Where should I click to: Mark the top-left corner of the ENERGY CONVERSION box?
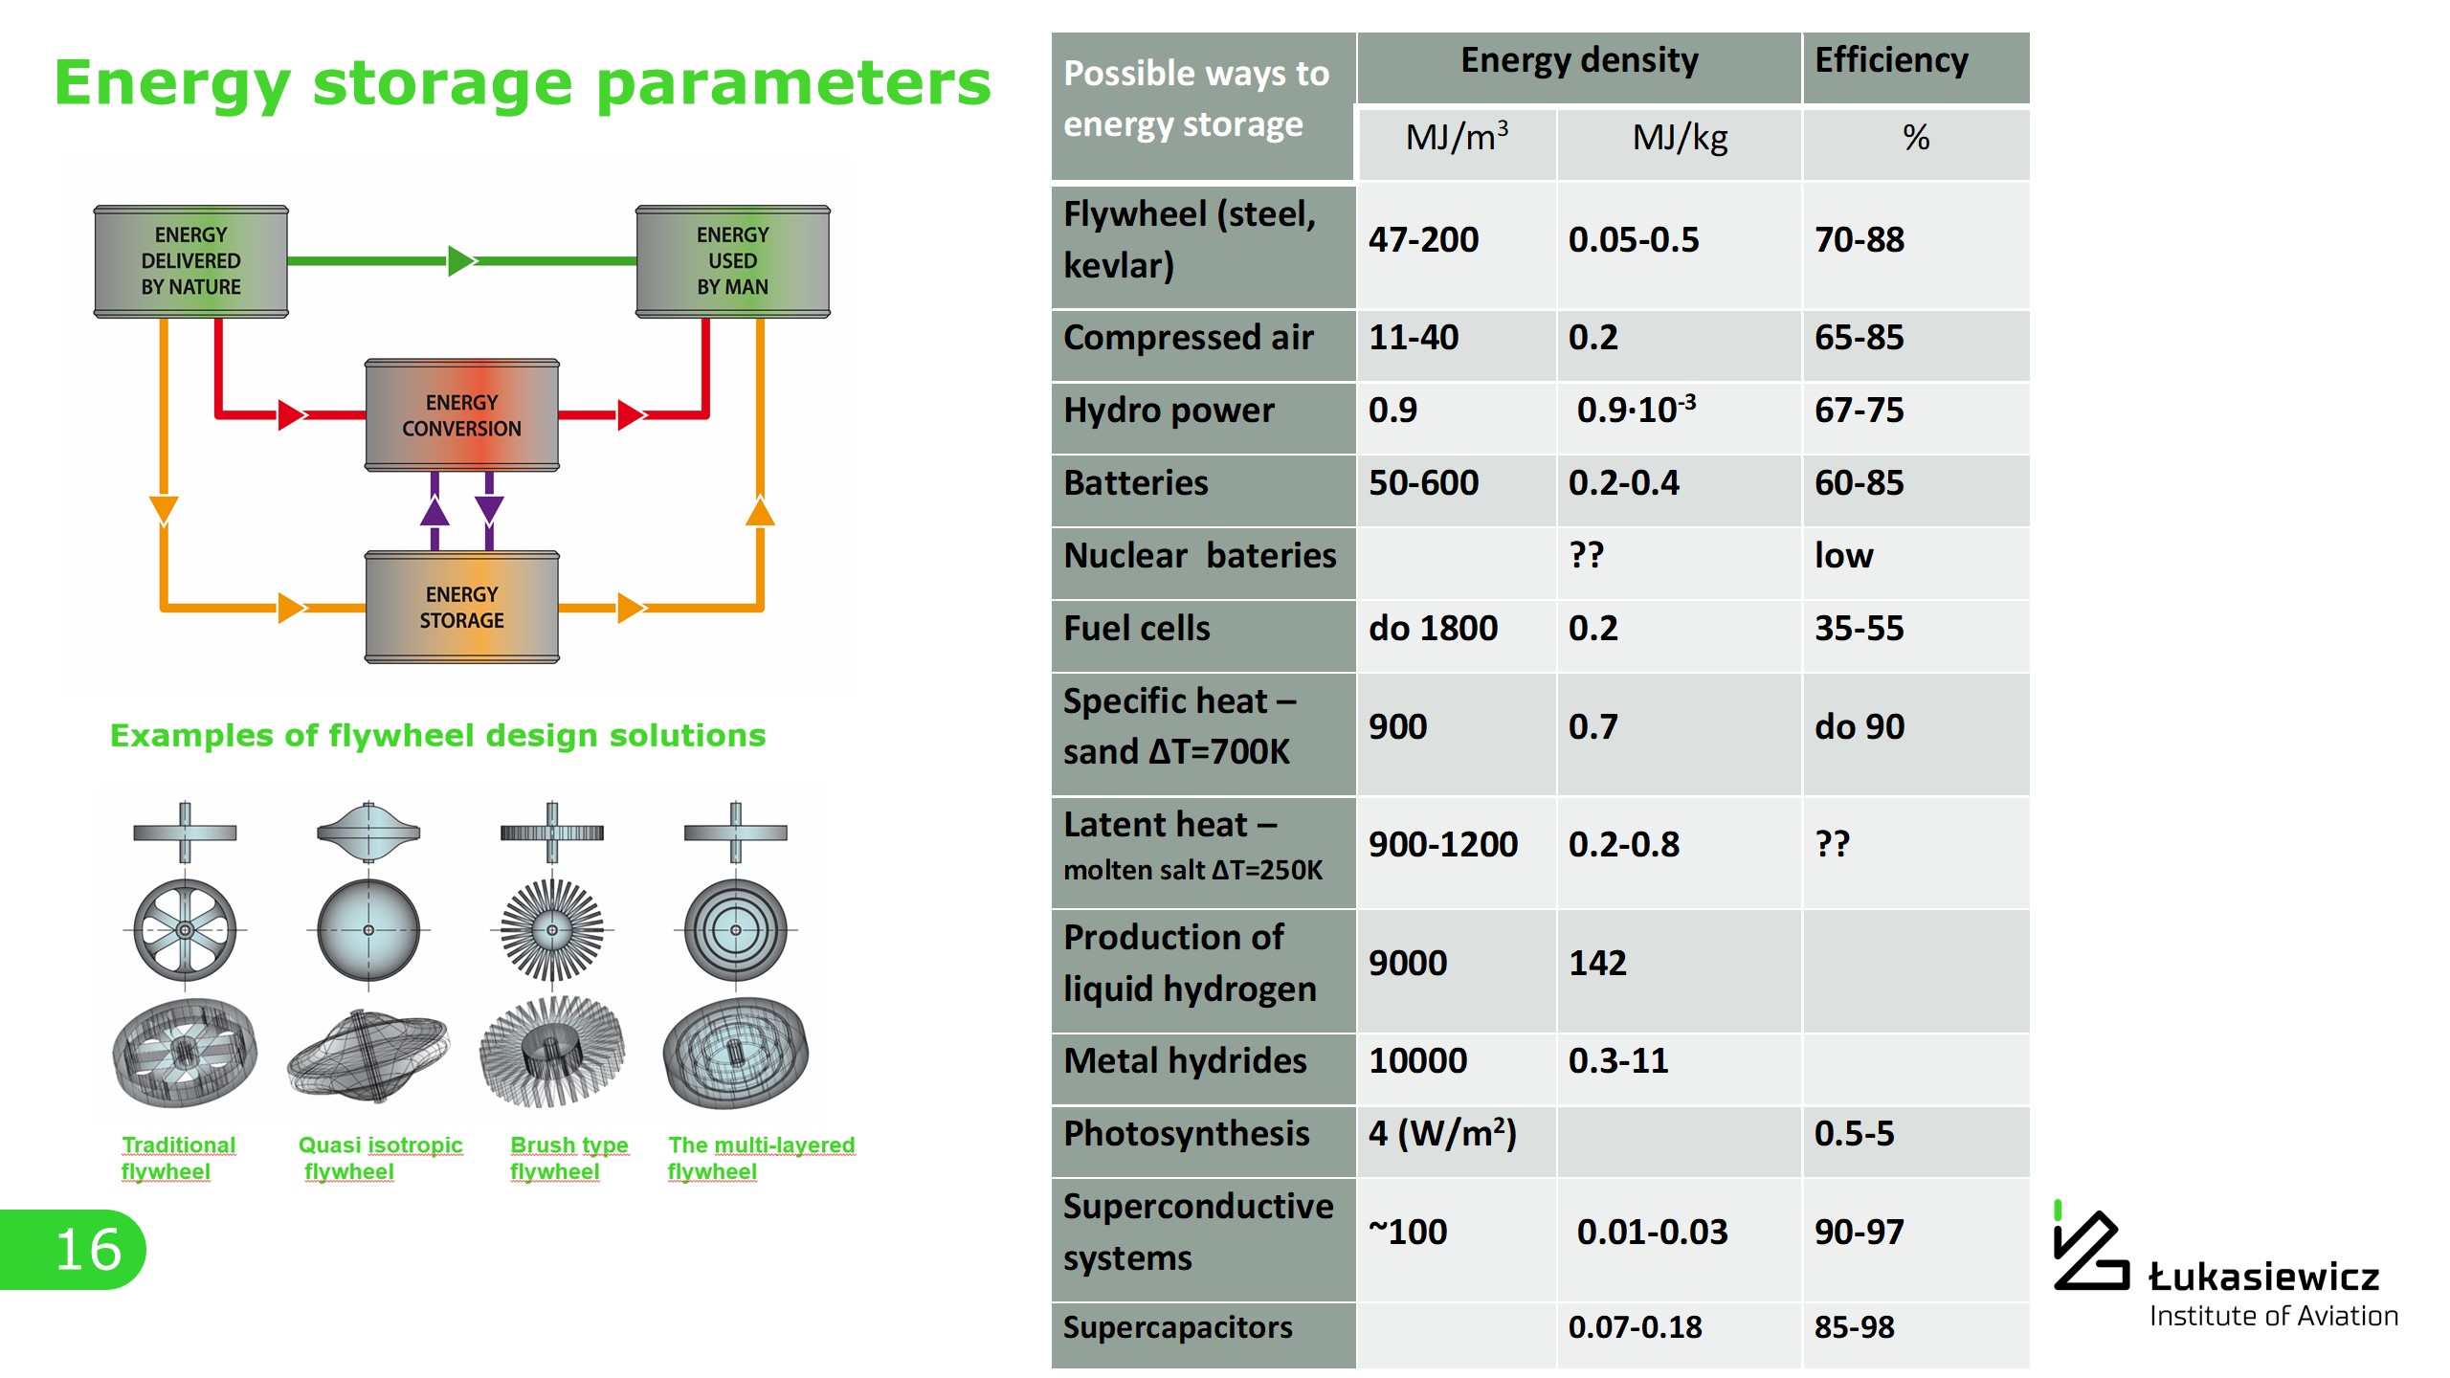[365, 360]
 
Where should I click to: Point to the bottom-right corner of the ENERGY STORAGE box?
[560, 663]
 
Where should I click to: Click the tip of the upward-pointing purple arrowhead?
[435, 496]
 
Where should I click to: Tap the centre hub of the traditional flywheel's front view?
[185, 929]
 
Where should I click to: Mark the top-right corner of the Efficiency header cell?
[2030, 33]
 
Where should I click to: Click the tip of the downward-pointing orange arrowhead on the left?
[164, 526]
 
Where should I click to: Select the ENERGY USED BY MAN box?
[733, 261]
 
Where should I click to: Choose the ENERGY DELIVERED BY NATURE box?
[191, 261]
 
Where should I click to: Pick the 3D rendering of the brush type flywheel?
[552, 1051]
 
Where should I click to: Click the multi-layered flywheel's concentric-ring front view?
[735, 930]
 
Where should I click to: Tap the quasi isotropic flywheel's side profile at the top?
[368, 832]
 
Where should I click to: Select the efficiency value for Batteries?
[1860, 483]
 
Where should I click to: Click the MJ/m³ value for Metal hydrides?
[1417, 1061]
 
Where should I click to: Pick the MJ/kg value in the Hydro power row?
[1636, 409]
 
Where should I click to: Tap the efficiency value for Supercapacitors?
[1855, 1327]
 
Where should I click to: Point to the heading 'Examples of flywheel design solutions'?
[437, 735]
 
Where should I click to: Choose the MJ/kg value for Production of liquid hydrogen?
[1597, 963]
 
